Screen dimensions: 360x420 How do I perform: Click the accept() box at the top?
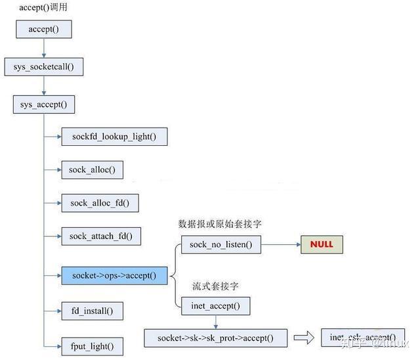tap(43, 30)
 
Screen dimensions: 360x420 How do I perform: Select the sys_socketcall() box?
tap(44, 66)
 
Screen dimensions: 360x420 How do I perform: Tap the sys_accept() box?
tap(44, 104)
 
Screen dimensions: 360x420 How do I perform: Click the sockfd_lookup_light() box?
tap(114, 137)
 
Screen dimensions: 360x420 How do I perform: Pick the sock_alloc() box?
tap(92, 170)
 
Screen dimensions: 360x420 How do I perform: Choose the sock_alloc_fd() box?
tap(100, 203)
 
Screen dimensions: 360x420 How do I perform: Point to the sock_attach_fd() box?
tap(101, 236)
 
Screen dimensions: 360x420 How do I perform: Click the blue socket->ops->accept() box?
tap(114, 275)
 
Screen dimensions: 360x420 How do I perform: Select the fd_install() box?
tap(93, 310)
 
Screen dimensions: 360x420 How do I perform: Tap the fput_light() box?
tap(92, 346)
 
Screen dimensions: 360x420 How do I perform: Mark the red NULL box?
tap(322, 244)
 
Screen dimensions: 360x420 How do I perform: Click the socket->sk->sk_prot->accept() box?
tap(215, 338)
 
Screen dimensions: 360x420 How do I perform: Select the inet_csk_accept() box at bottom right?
tap(363, 338)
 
